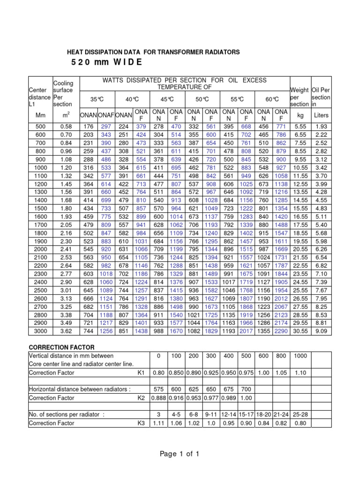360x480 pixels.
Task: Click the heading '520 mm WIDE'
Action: pos(105,63)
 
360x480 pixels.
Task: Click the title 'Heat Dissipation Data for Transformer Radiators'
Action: pos(154,52)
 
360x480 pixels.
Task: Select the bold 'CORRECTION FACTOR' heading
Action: pos(61,347)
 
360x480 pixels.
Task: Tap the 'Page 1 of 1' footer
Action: pos(180,453)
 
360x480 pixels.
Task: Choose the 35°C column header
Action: pos(97,99)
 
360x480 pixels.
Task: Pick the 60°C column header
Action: pos(272,99)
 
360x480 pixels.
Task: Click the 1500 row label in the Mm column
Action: pos(41,208)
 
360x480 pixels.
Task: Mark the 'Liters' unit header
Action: pos(322,115)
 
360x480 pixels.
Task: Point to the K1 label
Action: pos(141,373)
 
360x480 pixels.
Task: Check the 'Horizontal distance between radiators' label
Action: pos(80,389)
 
